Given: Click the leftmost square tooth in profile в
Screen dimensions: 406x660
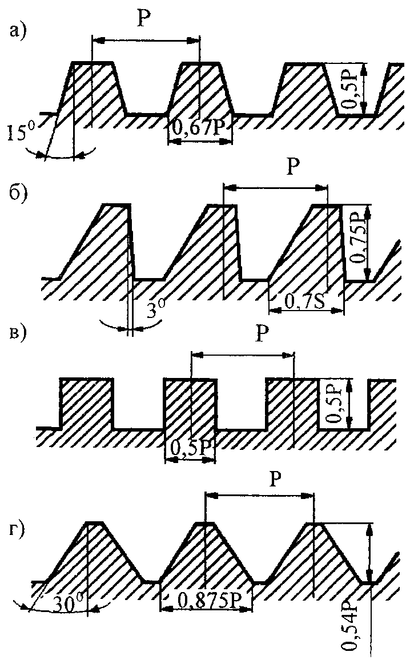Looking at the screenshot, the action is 86,403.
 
